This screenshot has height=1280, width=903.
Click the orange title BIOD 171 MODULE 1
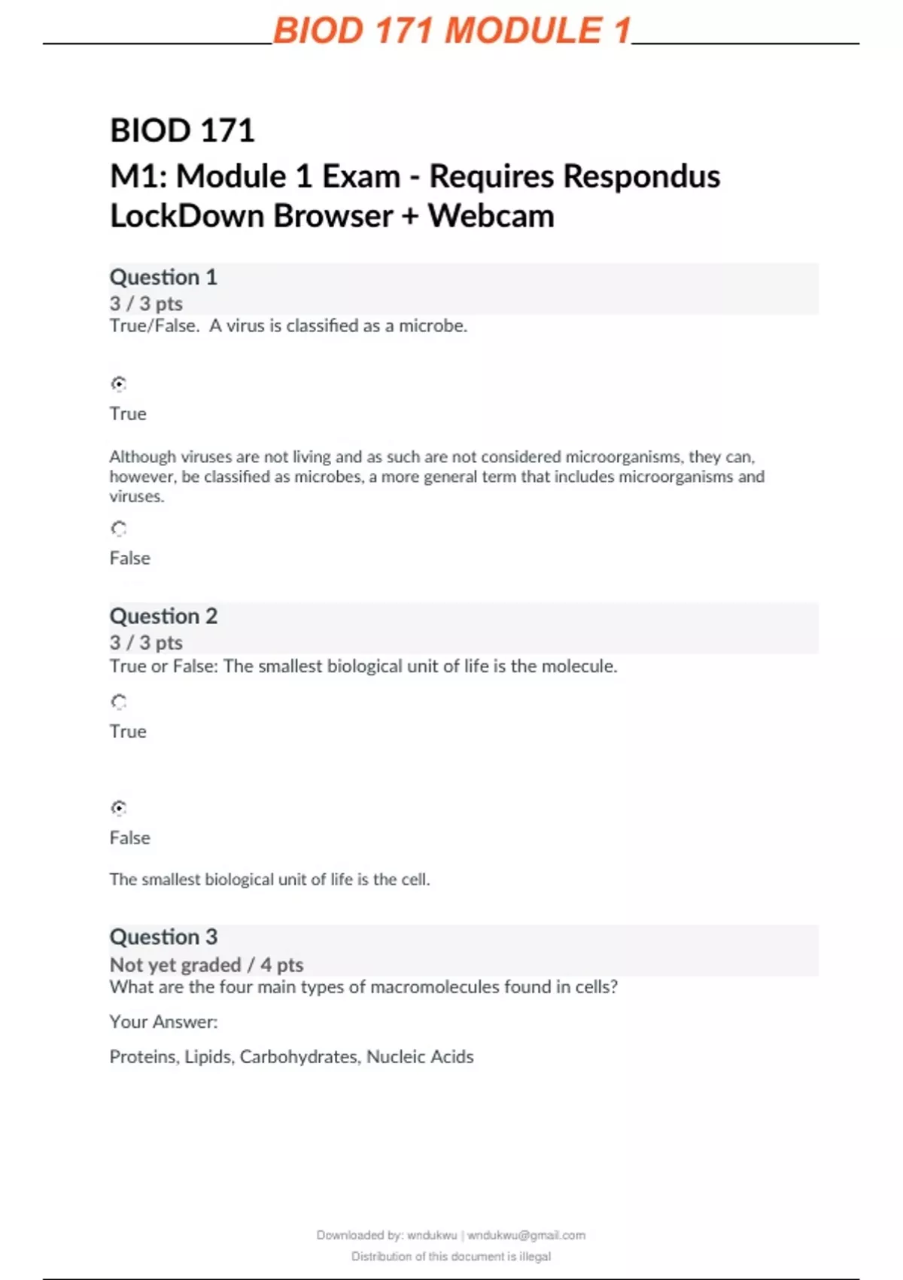click(x=451, y=32)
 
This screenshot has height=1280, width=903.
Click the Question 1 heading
click(x=163, y=277)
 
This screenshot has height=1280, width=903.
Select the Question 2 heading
click(x=163, y=616)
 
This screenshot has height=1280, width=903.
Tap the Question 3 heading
click(x=163, y=937)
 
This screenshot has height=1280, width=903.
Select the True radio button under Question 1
click(x=119, y=384)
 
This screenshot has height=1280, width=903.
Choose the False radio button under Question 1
click(x=119, y=529)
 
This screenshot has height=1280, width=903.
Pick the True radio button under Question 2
click(x=119, y=702)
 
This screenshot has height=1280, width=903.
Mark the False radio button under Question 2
click(x=119, y=808)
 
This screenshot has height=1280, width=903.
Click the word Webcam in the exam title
click(x=491, y=216)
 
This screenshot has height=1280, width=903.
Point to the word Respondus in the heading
click(x=641, y=176)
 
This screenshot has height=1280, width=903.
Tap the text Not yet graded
click(x=175, y=965)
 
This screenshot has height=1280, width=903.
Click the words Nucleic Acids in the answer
click(x=420, y=1056)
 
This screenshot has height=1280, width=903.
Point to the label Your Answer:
click(x=163, y=1022)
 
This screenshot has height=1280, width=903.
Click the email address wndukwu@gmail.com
click(x=526, y=1235)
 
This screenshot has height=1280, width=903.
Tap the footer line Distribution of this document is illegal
click(x=451, y=1256)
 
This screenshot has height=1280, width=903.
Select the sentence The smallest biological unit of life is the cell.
click(x=269, y=879)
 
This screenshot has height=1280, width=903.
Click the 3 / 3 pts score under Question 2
click(x=146, y=642)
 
